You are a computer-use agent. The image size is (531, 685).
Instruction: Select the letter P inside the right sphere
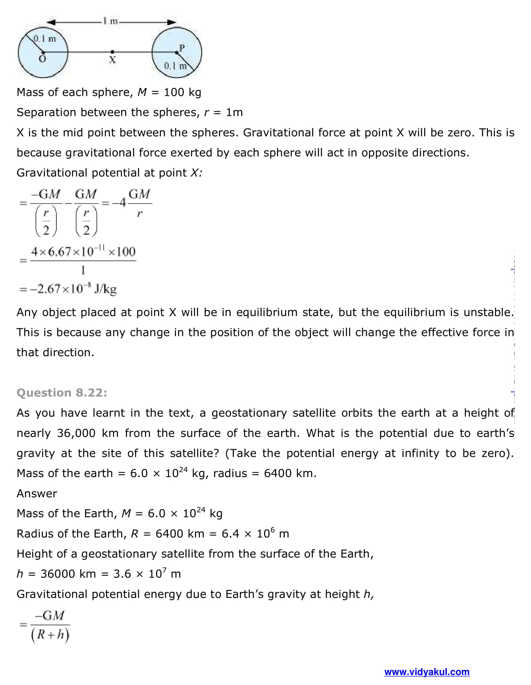click(182, 48)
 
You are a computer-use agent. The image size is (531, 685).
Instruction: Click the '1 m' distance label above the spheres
click(110, 21)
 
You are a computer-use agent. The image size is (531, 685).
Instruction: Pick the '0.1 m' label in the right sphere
click(175, 66)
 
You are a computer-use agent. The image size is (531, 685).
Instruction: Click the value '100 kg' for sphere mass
click(182, 92)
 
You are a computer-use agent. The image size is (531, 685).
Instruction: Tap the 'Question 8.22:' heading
click(62, 393)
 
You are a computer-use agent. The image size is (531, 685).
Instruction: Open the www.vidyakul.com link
click(427, 672)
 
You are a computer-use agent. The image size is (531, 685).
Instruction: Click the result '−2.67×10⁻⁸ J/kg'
click(73, 289)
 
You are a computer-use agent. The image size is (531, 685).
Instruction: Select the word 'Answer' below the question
click(37, 493)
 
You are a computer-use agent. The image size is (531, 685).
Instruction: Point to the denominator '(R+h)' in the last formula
click(50, 635)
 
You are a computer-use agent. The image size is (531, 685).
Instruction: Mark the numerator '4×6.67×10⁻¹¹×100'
click(83, 251)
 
